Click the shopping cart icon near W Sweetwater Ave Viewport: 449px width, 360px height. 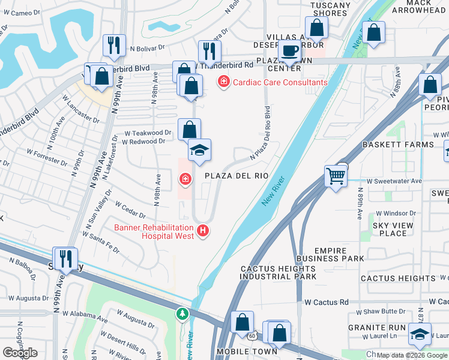point(336,176)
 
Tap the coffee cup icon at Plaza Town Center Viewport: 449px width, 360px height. point(290,51)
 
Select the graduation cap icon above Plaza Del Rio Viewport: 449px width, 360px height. point(199,150)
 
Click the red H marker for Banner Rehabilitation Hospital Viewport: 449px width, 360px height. point(203,230)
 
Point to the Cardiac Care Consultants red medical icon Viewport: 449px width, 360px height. point(224,80)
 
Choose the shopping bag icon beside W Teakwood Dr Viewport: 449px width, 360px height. point(189,129)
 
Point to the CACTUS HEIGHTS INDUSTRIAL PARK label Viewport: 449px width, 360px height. point(278,273)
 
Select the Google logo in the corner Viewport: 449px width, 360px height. point(20,353)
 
